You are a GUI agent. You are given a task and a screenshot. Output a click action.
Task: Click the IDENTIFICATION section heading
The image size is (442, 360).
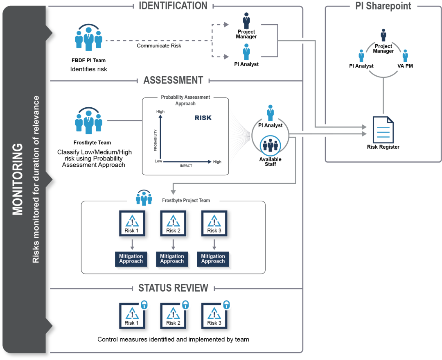(x=173, y=6)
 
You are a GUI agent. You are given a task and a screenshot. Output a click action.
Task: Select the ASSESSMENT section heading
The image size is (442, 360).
(x=173, y=80)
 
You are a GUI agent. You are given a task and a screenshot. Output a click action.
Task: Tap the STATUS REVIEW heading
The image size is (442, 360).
(x=173, y=288)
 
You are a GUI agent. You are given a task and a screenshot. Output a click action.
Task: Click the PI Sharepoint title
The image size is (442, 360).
(x=383, y=6)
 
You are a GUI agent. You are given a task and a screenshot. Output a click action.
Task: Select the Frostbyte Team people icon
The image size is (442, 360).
(x=88, y=120)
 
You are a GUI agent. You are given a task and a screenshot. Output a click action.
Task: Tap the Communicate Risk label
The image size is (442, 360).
(x=159, y=46)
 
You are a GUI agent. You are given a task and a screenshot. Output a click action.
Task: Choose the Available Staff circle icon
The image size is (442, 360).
(x=270, y=145)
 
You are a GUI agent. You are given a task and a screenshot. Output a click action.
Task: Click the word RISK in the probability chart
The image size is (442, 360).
(x=203, y=118)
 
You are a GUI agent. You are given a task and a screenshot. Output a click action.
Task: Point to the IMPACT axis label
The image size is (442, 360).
(x=187, y=165)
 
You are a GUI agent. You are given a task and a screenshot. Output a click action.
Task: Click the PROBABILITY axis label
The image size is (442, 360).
(x=156, y=140)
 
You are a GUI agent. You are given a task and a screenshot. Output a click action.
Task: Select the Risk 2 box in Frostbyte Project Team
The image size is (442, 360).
(x=173, y=224)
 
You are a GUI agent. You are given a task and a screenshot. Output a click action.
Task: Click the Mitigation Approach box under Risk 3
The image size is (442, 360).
(x=213, y=259)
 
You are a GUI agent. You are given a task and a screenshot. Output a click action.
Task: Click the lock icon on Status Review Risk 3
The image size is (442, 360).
(x=226, y=305)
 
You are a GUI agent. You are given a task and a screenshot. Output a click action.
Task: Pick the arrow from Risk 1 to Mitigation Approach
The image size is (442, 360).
(x=132, y=245)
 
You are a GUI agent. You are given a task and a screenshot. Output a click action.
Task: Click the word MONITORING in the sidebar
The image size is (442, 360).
(x=18, y=179)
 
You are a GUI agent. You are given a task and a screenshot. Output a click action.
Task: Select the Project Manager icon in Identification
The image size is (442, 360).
(x=246, y=20)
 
